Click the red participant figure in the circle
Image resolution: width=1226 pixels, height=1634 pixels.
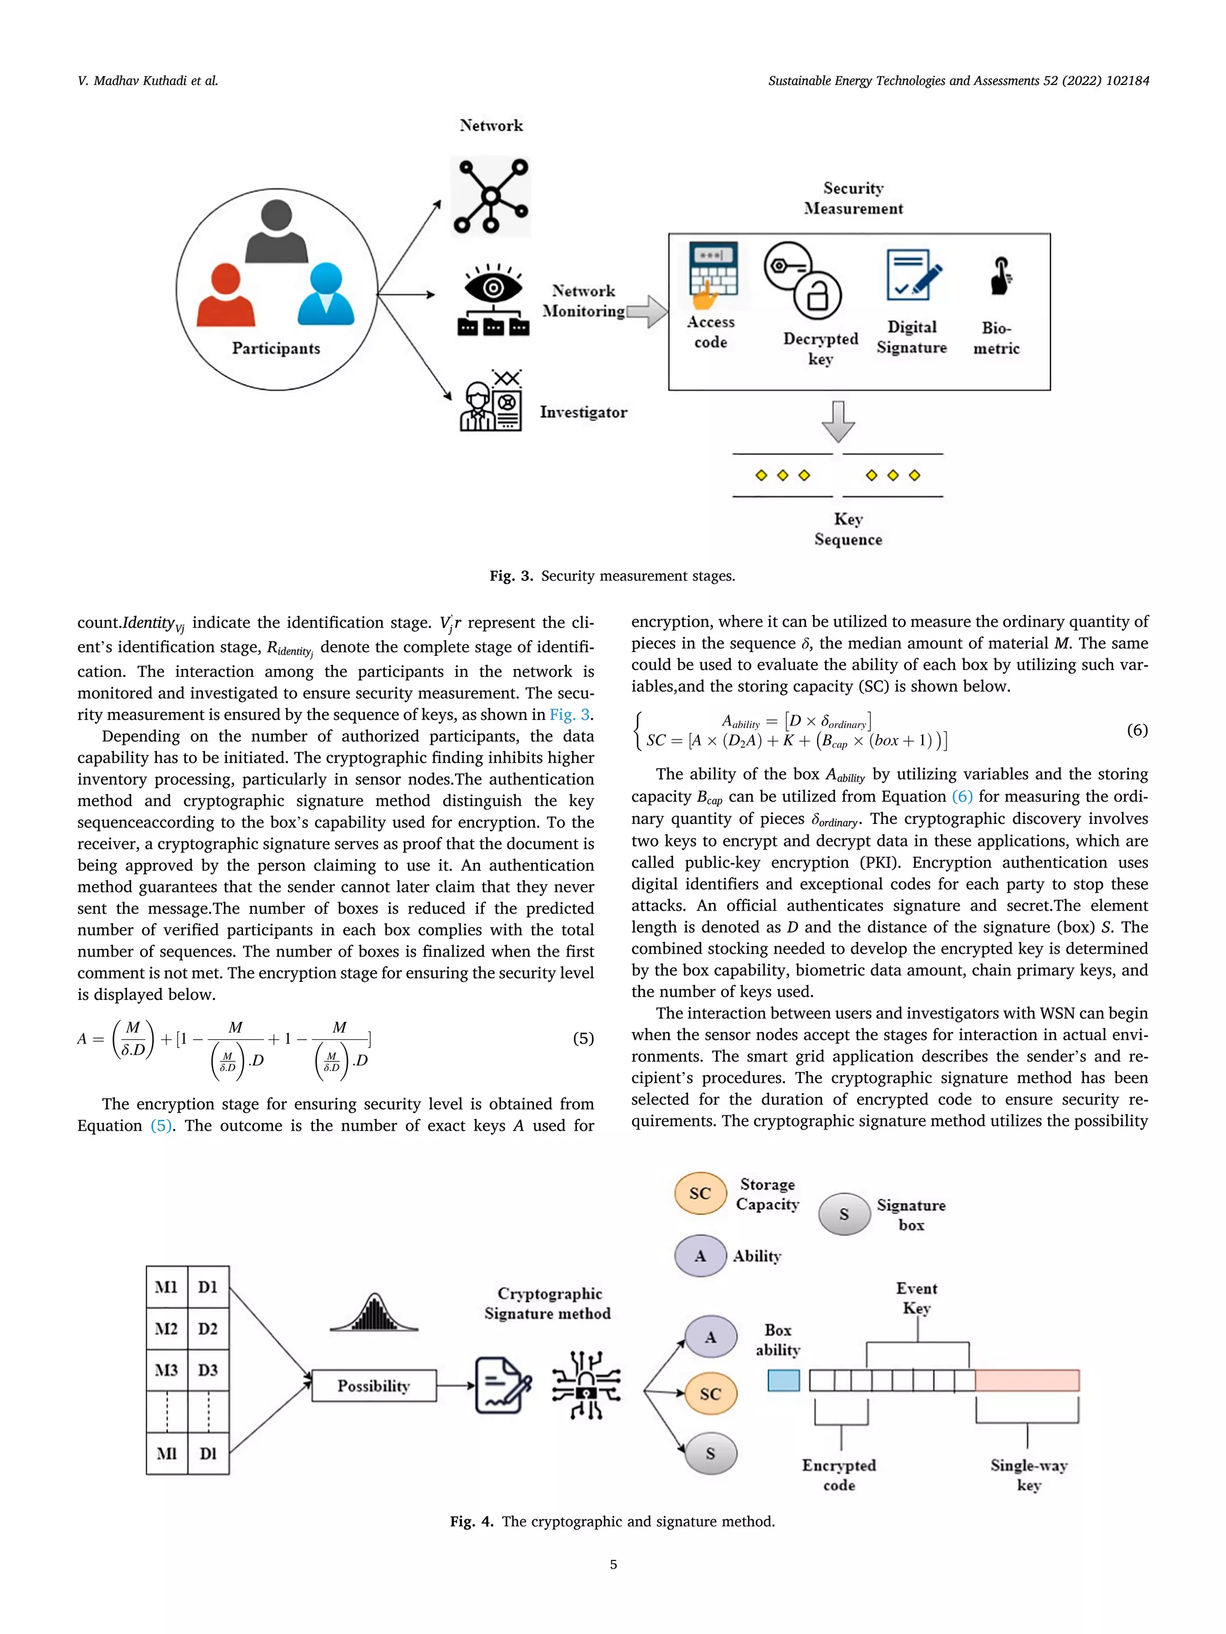coord(226,296)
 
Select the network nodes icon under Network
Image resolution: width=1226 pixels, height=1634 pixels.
coord(491,196)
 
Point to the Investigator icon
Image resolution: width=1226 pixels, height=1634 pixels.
coord(491,401)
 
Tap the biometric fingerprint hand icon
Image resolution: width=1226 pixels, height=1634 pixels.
coord(1000,276)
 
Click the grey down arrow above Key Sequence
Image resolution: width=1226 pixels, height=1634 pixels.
coord(838,421)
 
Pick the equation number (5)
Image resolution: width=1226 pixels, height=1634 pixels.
coord(583,1039)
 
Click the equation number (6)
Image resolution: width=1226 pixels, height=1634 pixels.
coord(1137,730)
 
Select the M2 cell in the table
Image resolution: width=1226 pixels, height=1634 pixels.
coord(166,1329)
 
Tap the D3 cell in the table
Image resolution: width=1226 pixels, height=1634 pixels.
coord(208,1370)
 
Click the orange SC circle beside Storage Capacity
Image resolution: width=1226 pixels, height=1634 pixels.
coord(700,1193)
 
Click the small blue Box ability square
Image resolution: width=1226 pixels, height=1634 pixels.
coord(784,1380)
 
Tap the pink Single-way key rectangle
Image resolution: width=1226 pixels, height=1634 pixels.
coord(1027,1380)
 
